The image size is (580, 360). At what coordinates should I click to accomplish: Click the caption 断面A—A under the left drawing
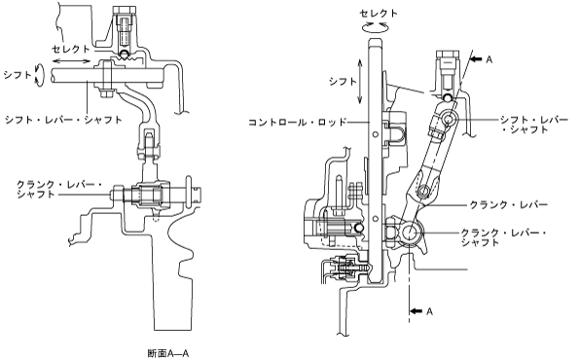click(168, 353)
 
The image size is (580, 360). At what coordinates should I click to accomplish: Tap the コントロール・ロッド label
click(298, 122)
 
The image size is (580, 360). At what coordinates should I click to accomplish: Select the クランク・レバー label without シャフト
click(508, 204)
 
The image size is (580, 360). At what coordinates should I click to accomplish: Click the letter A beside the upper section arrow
click(489, 59)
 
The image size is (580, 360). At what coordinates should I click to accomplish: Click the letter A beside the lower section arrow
click(429, 311)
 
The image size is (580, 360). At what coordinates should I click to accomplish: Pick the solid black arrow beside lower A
click(417, 311)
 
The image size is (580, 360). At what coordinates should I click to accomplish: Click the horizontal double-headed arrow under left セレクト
click(71, 61)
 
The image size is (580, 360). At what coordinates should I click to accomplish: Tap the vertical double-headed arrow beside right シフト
click(360, 82)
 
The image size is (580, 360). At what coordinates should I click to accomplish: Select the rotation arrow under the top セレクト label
click(375, 26)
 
